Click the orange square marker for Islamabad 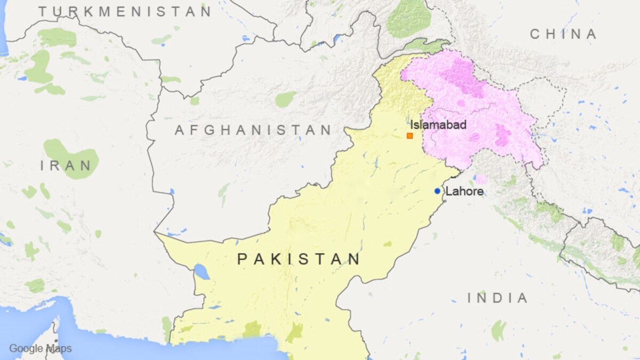410,136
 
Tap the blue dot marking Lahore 437,191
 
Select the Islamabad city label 438,125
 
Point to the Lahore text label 464,191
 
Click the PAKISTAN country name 299,260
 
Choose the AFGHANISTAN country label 253,130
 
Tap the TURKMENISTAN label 125,11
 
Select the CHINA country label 563,35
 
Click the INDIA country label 498,299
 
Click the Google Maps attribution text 40,349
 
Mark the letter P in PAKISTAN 243,260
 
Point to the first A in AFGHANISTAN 180,130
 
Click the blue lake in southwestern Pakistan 202,271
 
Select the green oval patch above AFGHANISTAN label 285,99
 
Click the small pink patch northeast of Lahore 481,179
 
